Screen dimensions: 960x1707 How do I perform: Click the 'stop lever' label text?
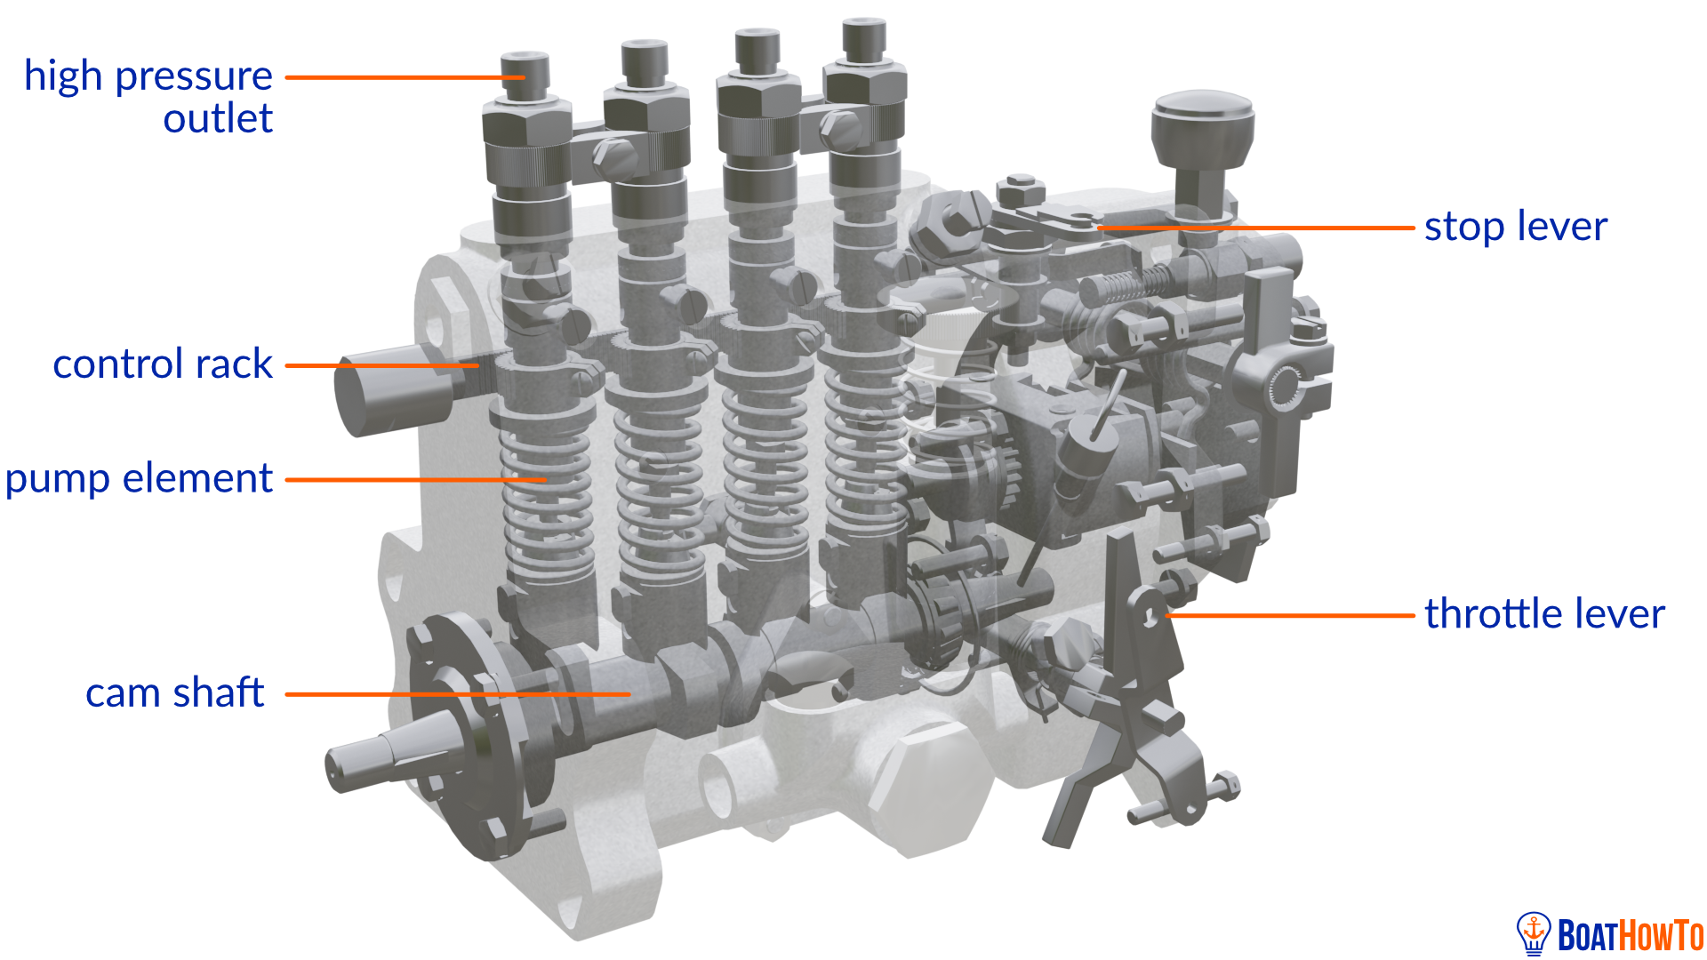click(x=1515, y=228)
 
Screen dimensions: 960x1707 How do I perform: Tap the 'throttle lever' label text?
click(x=1544, y=614)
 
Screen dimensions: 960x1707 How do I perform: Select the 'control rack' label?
click(x=163, y=364)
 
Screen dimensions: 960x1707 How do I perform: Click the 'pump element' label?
click(x=139, y=479)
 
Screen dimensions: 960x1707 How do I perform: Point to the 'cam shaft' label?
click(x=174, y=693)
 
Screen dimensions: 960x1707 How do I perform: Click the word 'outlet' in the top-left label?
click(x=218, y=119)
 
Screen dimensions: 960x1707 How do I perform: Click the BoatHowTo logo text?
click(x=1630, y=936)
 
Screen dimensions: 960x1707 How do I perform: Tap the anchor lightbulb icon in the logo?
click(x=1534, y=933)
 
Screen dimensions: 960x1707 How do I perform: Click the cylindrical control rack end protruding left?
click(x=391, y=391)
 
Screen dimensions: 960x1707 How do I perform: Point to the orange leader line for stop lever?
click(x=1254, y=228)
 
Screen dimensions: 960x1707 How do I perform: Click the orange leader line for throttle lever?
click(x=1289, y=615)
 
